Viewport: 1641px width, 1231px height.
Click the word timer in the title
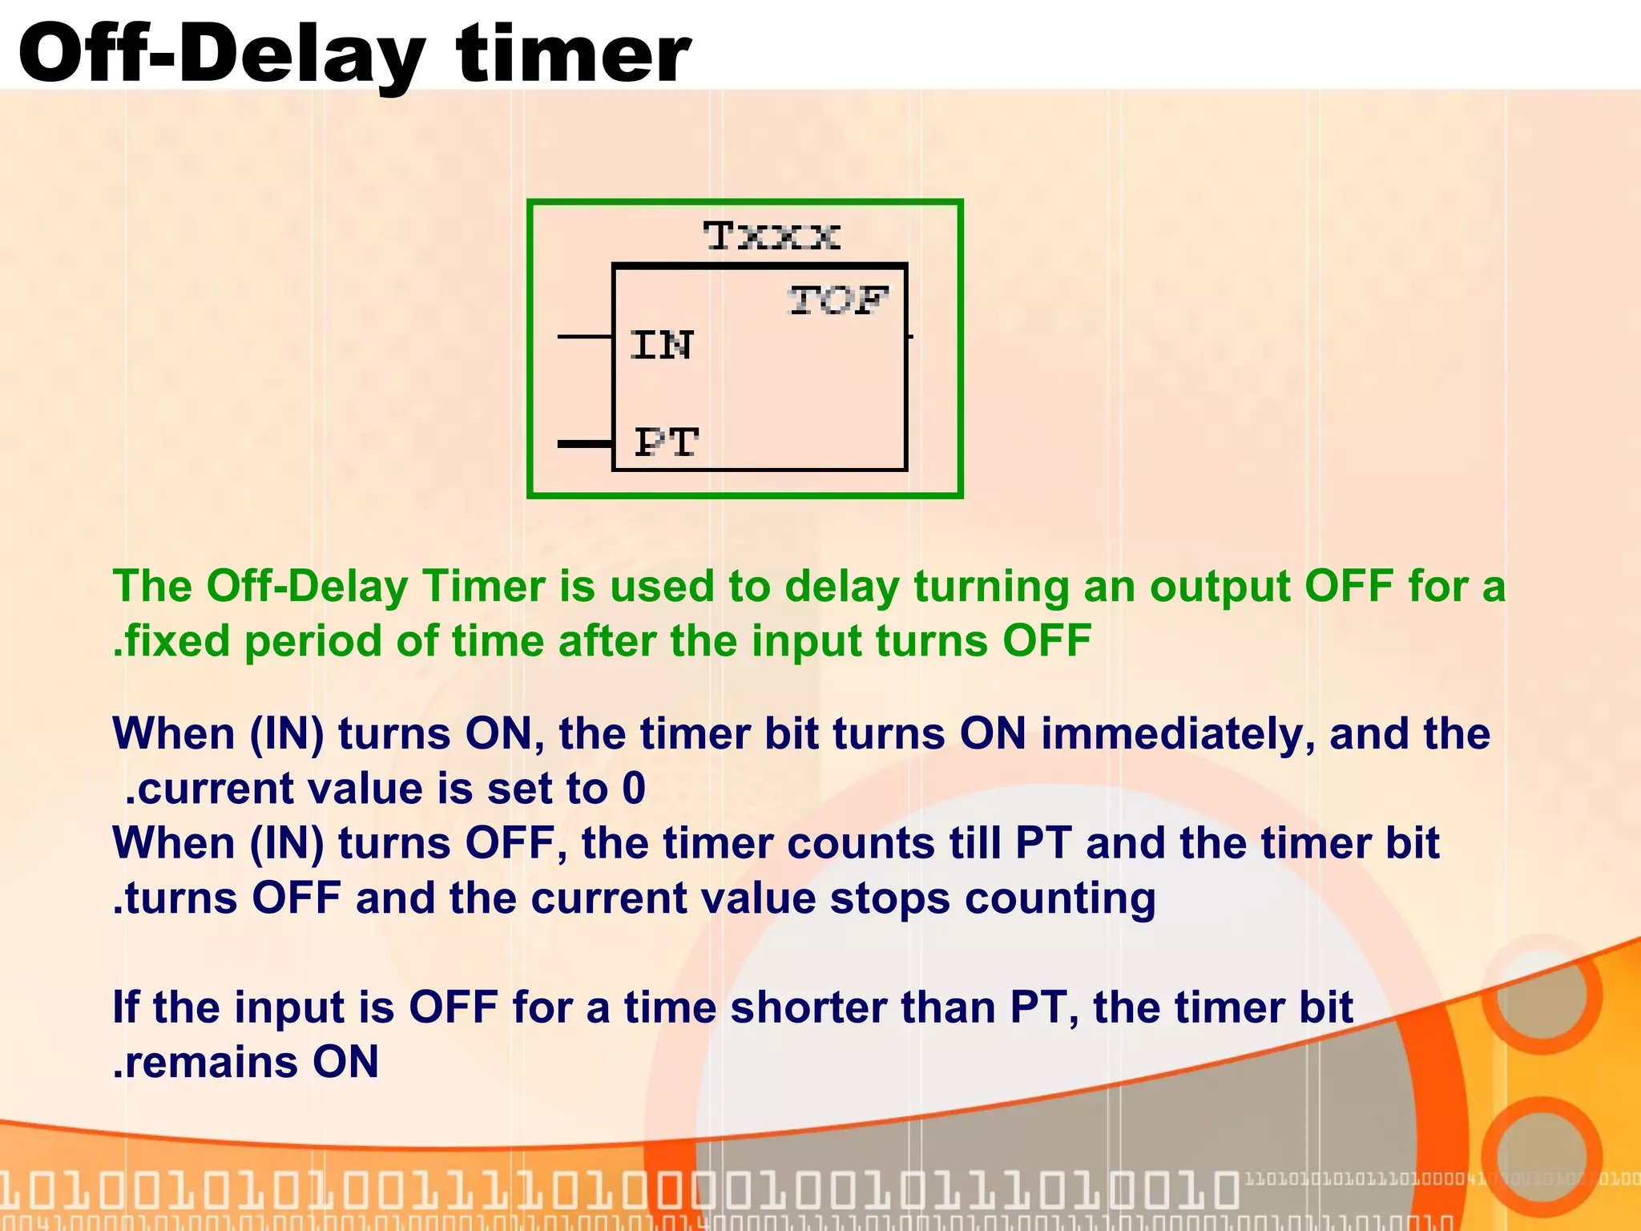click(572, 54)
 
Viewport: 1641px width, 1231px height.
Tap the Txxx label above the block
click(772, 236)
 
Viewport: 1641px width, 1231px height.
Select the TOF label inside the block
click(837, 301)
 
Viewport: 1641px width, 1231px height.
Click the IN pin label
click(661, 345)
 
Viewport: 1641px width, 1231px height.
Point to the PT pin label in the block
click(666, 442)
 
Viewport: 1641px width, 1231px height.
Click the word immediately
click(1177, 733)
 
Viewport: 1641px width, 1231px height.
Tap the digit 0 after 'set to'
click(634, 789)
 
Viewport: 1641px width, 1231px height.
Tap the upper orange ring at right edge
click(1540, 995)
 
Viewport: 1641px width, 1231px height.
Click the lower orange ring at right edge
click(1540, 1156)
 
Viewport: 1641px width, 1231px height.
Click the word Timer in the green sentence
click(484, 587)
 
